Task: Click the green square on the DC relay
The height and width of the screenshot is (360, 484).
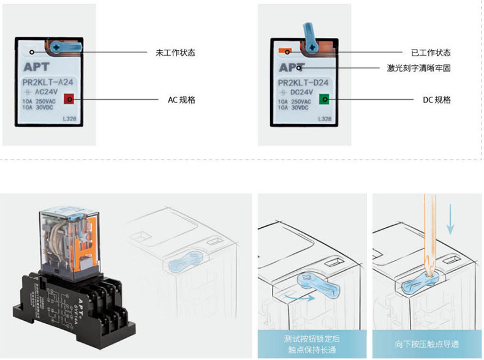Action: tap(324, 99)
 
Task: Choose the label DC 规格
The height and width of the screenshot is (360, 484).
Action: tap(437, 99)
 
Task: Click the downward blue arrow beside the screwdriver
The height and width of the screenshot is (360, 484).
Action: tap(450, 220)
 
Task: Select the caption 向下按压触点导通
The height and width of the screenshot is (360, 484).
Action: tap(426, 343)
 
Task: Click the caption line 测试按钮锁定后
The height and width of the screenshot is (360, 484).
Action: tap(312, 338)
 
